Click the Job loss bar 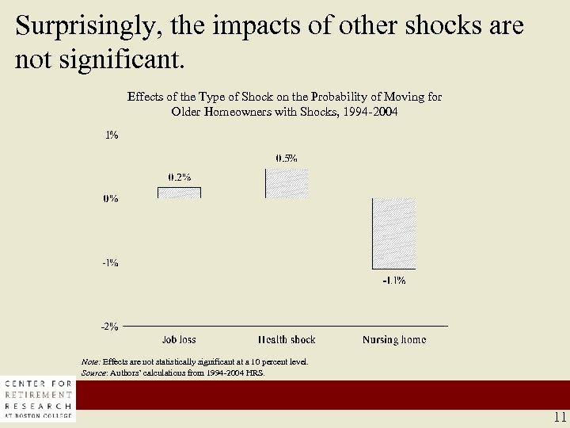click(x=179, y=193)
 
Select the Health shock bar click(x=287, y=182)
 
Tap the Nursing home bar click(x=393, y=233)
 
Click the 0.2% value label click(x=179, y=177)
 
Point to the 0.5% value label click(x=287, y=158)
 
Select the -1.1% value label click(x=394, y=281)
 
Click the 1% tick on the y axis click(x=112, y=136)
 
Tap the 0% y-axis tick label click(x=111, y=199)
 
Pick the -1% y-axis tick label click(x=110, y=262)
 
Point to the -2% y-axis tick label click(x=110, y=326)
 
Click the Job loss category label click(x=179, y=340)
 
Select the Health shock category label click(x=287, y=340)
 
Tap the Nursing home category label click(x=394, y=340)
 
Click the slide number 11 click(x=560, y=418)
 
